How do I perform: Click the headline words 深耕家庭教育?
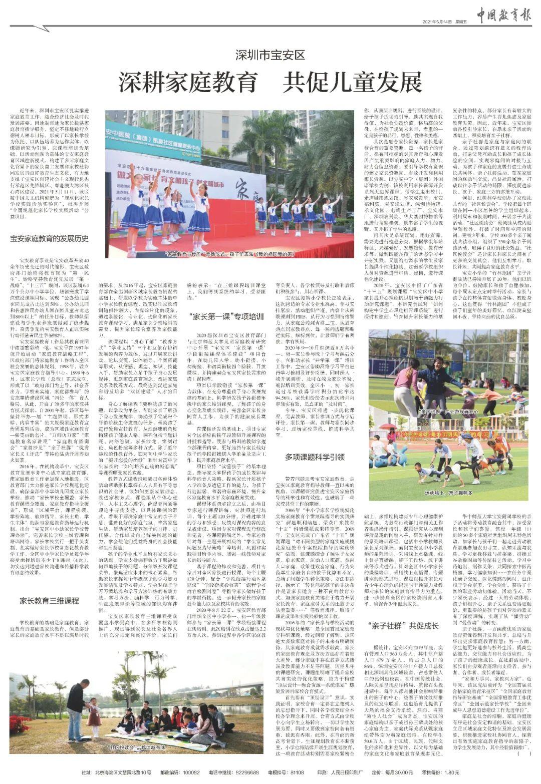(x=188, y=82)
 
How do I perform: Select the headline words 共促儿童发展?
(x=352, y=82)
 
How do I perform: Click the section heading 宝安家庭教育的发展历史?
(x=50, y=238)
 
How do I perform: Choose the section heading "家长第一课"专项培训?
(x=226, y=317)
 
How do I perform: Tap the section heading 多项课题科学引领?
(x=315, y=457)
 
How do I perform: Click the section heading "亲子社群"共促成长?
(x=403, y=626)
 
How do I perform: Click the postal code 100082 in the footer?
(x=189, y=772)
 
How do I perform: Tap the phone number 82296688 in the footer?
(x=248, y=772)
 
